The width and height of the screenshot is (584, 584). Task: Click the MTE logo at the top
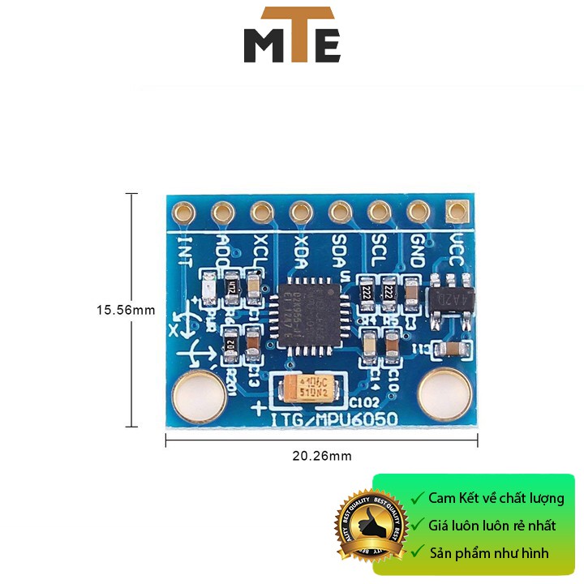[292, 36]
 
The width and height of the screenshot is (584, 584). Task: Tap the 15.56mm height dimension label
[125, 310]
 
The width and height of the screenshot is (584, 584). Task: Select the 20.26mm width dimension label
[322, 456]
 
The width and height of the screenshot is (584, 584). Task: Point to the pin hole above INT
[183, 213]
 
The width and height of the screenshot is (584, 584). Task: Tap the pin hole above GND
[419, 213]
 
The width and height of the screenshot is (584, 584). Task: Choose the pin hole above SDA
[340, 213]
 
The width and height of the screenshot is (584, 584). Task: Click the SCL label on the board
[378, 244]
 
